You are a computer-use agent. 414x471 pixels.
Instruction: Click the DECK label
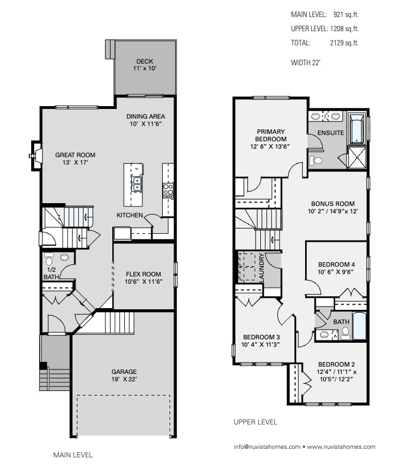pyautogui.click(x=145, y=61)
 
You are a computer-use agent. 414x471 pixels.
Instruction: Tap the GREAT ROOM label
pyautogui.click(x=75, y=154)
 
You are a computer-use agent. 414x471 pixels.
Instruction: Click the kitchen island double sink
pyautogui.click(x=137, y=183)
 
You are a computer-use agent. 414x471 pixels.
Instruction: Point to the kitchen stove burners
pyautogui.click(x=168, y=189)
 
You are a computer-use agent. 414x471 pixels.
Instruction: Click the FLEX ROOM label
pyautogui.click(x=143, y=274)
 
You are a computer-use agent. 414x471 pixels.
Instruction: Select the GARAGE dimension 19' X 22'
pyautogui.click(x=124, y=380)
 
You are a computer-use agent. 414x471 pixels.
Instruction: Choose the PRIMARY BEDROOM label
pyautogui.click(x=270, y=135)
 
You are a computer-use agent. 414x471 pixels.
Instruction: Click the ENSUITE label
pyautogui.click(x=331, y=133)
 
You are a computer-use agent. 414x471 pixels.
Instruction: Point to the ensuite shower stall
pyautogui.click(x=357, y=157)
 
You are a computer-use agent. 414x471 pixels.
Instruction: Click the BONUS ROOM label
pyautogui.click(x=332, y=204)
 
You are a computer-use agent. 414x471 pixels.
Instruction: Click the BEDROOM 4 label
pyautogui.click(x=336, y=264)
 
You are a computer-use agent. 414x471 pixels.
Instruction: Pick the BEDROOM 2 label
pyautogui.click(x=336, y=364)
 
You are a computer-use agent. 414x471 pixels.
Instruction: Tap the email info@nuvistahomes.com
pyautogui.click(x=267, y=447)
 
